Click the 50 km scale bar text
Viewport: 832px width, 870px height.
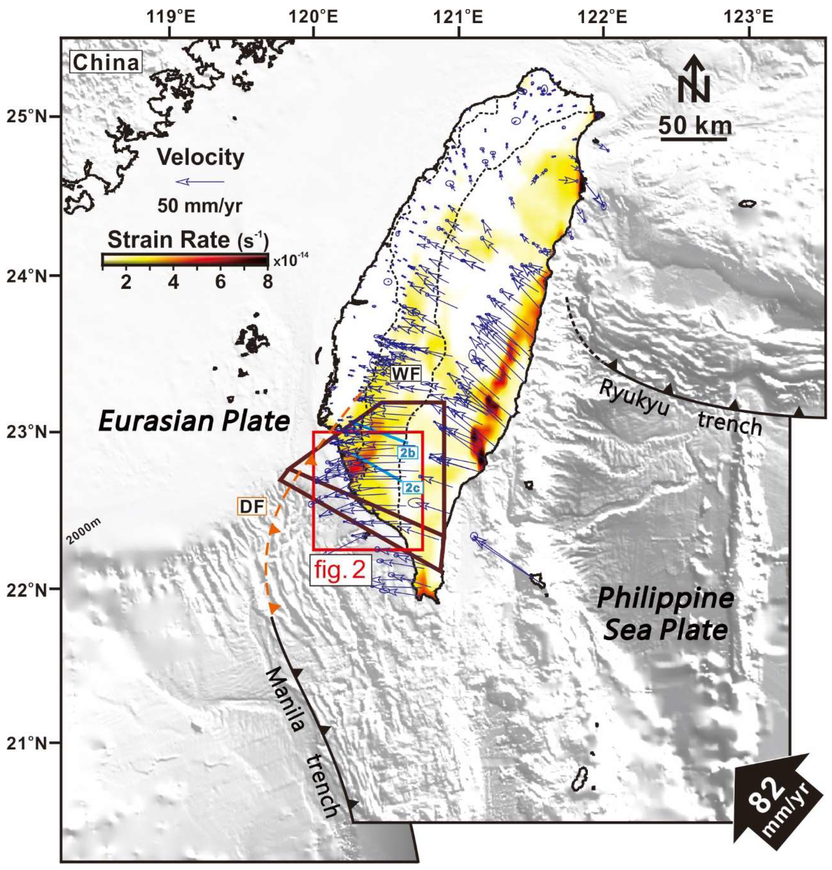[x=694, y=125]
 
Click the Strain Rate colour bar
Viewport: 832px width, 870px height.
[x=184, y=259]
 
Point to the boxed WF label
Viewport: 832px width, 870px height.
[x=405, y=374]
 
